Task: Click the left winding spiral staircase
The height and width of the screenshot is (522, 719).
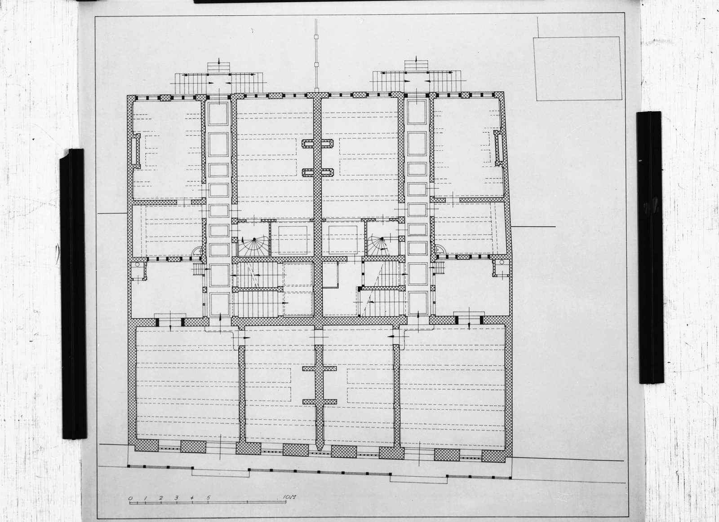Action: [x=253, y=247]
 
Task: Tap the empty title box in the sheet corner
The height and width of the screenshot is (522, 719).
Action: [x=578, y=69]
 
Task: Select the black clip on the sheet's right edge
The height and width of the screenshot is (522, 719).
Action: [x=650, y=247]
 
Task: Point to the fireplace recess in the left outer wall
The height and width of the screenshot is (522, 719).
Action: [x=135, y=151]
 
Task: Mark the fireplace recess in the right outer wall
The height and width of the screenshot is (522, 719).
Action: [x=499, y=148]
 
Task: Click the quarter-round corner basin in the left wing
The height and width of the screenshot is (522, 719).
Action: [x=196, y=250]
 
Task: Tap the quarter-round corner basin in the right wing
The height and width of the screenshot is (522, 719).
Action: [x=439, y=249]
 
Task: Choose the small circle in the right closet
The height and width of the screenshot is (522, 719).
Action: [x=502, y=263]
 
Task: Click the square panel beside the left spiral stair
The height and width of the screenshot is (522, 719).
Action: [x=292, y=240]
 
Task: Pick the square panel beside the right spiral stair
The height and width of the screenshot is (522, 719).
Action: [x=343, y=240]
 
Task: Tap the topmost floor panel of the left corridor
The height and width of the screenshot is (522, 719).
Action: [x=218, y=114]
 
